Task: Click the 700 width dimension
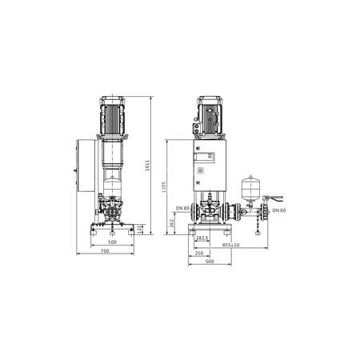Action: pyautogui.click(x=106, y=250)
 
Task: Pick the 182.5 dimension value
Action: pyautogui.click(x=202, y=238)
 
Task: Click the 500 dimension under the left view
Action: pyautogui.click(x=111, y=241)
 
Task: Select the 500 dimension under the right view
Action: pyautogui.click(x=210, y=261)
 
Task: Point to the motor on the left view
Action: pyautogui.click(x=111, y=116)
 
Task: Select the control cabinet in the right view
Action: pyautogui.click(x=210, y=164)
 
